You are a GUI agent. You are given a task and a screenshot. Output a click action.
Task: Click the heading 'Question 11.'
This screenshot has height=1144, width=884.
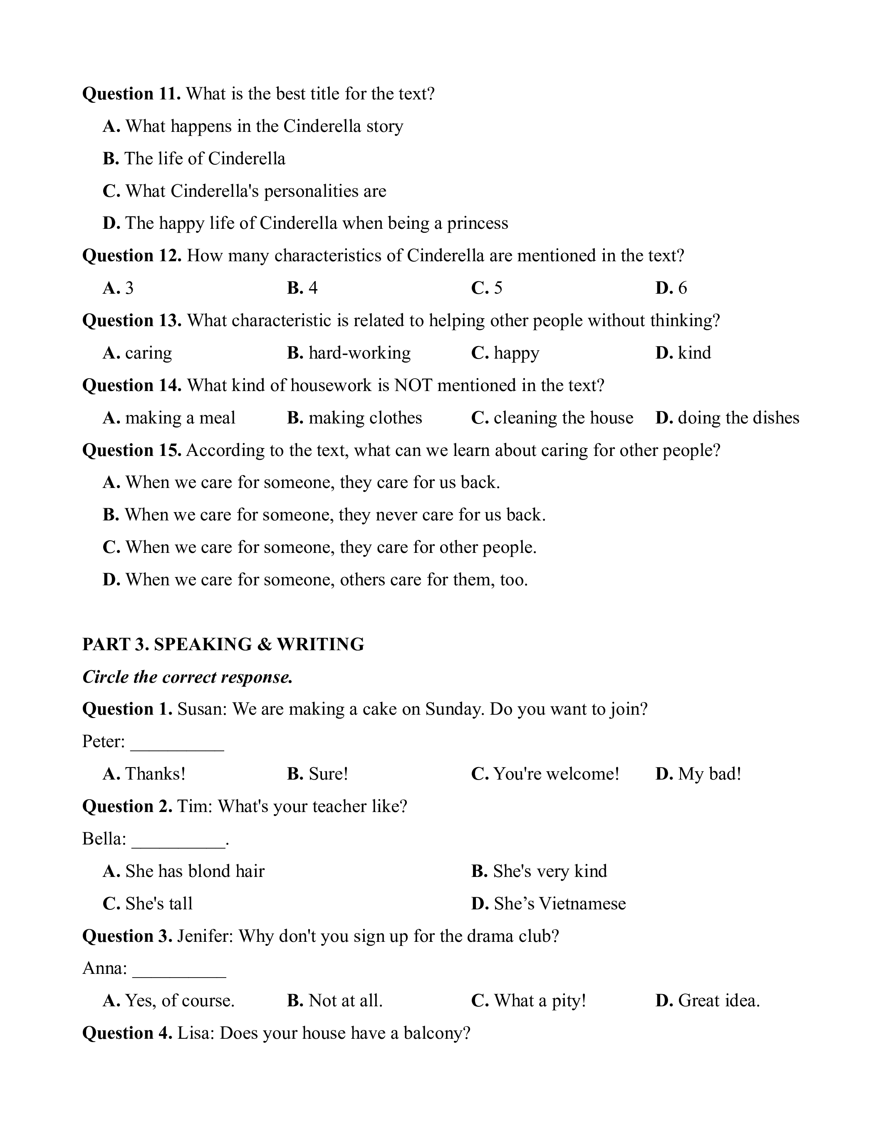tap(131, 94)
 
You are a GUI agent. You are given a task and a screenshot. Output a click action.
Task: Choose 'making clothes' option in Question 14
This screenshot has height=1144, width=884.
tap(354, 418)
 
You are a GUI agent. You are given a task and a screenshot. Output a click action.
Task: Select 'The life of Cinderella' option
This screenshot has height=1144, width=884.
tap(194, 159)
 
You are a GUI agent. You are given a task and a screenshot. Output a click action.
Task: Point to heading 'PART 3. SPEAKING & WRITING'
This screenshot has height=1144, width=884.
tap(223, 644)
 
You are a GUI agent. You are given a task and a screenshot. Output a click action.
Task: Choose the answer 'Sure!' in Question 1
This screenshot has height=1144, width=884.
tap(317, 774)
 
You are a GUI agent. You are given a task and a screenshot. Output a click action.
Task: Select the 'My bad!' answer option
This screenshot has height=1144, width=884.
tap(698, 774)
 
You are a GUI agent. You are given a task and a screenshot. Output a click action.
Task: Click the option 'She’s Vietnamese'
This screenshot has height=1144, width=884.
tap(548, 904)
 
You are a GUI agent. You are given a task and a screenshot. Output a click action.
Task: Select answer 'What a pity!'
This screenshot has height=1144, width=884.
tap(528, 1001)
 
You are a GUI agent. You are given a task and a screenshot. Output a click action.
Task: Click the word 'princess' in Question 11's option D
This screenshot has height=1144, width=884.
tap(477, 224)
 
